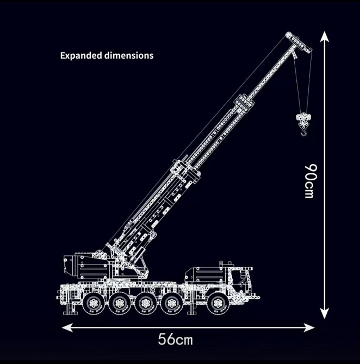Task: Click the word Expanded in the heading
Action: (81, 56)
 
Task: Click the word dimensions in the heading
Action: (129, 55)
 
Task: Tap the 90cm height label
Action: (311, 181)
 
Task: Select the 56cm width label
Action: (176, 340)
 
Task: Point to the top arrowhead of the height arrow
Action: (324, 37)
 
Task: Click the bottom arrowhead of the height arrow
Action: (324, 313)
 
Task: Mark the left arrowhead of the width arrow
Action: (67, 328)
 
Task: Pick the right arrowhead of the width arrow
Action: (309, 328)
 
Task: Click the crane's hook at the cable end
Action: (303, 133)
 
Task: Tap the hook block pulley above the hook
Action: (303, 119)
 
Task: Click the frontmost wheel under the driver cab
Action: (218, 304)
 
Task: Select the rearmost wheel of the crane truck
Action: (94, 304)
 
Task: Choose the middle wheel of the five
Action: (145, 304)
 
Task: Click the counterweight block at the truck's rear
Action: (86, 266)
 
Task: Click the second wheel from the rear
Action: (120, 304)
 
